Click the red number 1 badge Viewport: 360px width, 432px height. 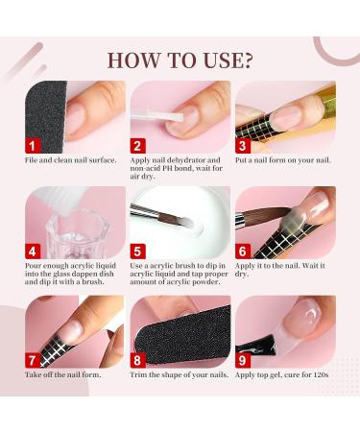(34, 146)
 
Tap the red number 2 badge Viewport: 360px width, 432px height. (137, 146)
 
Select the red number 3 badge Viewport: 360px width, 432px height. (244, 146)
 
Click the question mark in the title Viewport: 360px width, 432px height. (248, 59)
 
